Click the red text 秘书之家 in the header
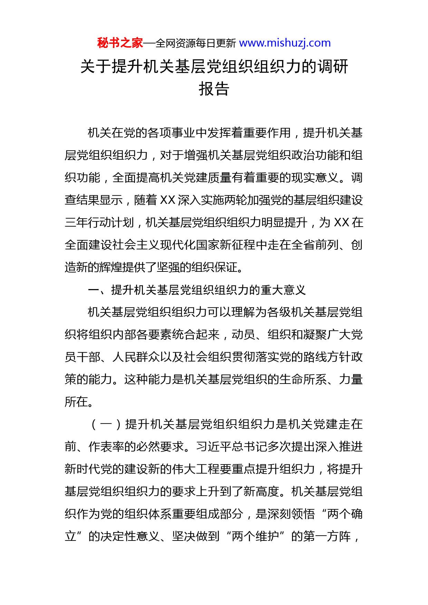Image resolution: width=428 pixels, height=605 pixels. coord(120,43)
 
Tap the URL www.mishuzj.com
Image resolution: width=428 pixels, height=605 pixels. coord(285,43)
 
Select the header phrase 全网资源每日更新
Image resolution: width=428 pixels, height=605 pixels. coord(196,43)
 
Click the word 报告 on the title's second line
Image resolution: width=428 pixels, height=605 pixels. coord(214,89)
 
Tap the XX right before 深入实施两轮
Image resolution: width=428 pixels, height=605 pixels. coord(168,200)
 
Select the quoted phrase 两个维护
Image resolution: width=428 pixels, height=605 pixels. coord(255,536)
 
